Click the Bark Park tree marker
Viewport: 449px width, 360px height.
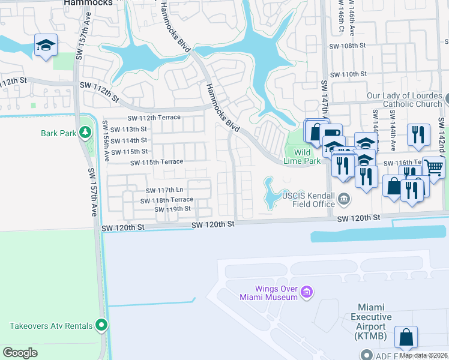coord(85,132)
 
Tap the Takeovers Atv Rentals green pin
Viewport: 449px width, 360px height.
coord(101,326)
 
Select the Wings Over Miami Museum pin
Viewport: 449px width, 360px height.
coord(307,292)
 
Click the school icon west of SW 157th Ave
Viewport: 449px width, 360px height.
coord(46,46)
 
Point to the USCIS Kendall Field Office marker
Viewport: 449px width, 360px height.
coord(343,198)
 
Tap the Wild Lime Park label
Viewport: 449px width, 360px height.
coord(306,157)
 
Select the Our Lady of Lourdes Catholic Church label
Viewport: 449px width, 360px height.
coord(405,100)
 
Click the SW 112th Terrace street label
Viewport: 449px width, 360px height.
coord(153,118)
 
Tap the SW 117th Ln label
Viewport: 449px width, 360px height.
coord(164,190)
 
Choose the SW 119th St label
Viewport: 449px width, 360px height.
coord(172,209)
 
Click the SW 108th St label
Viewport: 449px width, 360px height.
coord(348,46)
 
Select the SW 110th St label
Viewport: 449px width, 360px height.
coord(348,74)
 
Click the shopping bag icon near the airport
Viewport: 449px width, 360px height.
coord(406,337)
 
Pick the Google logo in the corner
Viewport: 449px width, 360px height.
coord(20,352)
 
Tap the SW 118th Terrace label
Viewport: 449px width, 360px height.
coord(167,200)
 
